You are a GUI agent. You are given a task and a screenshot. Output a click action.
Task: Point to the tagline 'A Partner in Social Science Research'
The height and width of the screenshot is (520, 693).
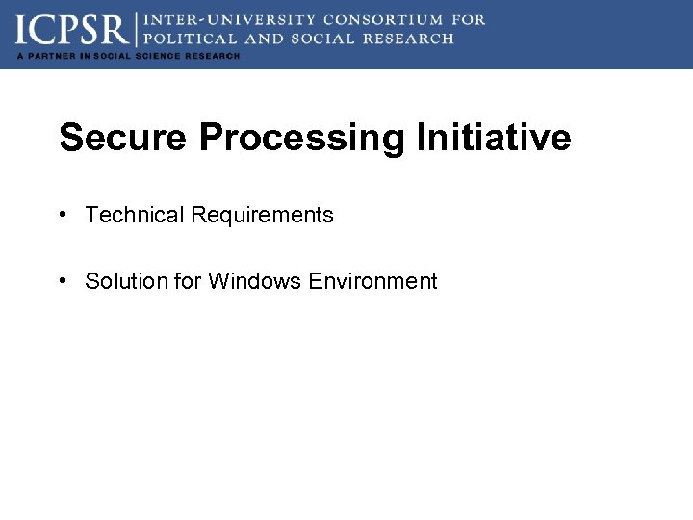coord(128,56)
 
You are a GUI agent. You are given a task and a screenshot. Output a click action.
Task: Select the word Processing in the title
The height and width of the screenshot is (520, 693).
coord(302,138)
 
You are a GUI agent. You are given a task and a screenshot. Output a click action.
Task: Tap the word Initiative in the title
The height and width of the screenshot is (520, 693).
coord(494,138)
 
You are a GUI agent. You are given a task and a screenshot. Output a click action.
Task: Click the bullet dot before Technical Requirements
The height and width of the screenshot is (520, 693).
coord(62,215)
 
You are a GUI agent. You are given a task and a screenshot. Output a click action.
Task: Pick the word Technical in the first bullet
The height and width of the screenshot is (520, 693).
coord(135,215)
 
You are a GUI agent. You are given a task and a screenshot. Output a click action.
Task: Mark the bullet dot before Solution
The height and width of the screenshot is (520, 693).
coord(62,281)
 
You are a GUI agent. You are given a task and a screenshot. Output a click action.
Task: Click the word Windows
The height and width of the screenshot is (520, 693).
coord(255,281)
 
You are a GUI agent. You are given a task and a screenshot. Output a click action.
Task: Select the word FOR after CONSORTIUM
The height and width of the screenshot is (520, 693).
coord(467,19)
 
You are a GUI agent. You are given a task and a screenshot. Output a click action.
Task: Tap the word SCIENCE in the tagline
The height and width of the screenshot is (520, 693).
coord(158,56)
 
